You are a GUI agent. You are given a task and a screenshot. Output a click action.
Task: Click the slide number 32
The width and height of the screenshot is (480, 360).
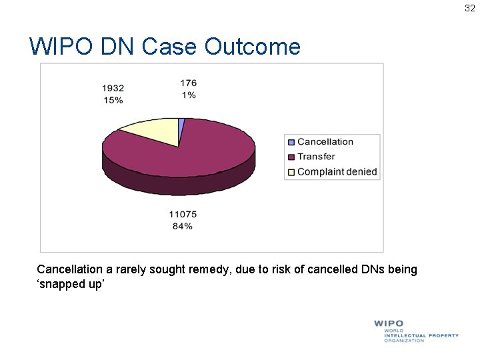click(x=470, y=9)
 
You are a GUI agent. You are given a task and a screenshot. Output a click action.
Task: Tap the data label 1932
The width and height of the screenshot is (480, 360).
click(x=113, y=88)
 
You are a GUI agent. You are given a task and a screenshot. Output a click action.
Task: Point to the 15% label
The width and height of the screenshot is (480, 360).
click(x=113, y=100)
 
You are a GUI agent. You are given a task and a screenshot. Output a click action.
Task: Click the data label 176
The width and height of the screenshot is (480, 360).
click(x=188, y=83)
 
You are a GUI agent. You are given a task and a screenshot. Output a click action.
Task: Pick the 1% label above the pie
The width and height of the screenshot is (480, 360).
click(x=188, y=95)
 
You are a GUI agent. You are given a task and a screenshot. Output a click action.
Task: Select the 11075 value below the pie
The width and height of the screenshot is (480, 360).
click(x=182, y=214)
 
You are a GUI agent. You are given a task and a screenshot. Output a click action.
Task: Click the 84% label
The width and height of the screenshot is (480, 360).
click(x=182, y=226)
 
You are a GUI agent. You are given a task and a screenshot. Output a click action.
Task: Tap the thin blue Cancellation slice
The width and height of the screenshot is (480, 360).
click(x=181, y=123)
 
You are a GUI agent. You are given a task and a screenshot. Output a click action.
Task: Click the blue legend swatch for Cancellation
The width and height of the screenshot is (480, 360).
click(x=291, y=142)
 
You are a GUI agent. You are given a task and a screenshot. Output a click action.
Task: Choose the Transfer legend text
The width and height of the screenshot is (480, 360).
click(x=316, y=157)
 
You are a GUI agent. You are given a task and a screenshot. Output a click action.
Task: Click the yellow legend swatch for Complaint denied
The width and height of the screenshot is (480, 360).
click(x=291, y=172)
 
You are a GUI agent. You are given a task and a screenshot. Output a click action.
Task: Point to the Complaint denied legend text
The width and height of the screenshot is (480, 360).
click(x=337, y=172)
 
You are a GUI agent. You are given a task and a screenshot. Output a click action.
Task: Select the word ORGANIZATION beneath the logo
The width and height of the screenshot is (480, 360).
click(x=404, y=341)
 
